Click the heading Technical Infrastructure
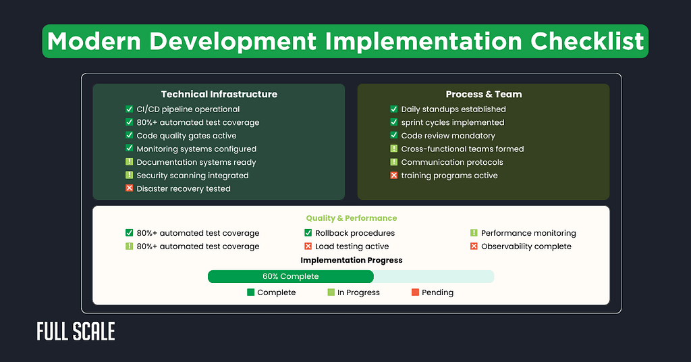[219, 95]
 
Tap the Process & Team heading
[483, 95]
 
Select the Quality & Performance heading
[351, 218]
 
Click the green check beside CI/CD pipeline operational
[130, 109]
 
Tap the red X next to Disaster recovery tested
[130, 189]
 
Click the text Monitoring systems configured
[196, 149]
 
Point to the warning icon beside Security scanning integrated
[130, 176]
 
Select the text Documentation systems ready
[196, 163]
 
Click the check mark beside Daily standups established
[394, 109]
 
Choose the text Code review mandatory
[448, 136]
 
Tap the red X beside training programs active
[394, 176]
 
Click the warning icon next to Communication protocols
[394, 163]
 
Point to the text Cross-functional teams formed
[462, 149]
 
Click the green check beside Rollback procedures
[308, 233]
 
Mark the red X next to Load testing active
[308, 247]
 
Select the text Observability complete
[526, 247]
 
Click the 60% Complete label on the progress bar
[290, 276]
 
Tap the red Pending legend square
[415, 292]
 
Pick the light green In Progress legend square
[331, 292]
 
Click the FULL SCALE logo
[76, 332]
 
